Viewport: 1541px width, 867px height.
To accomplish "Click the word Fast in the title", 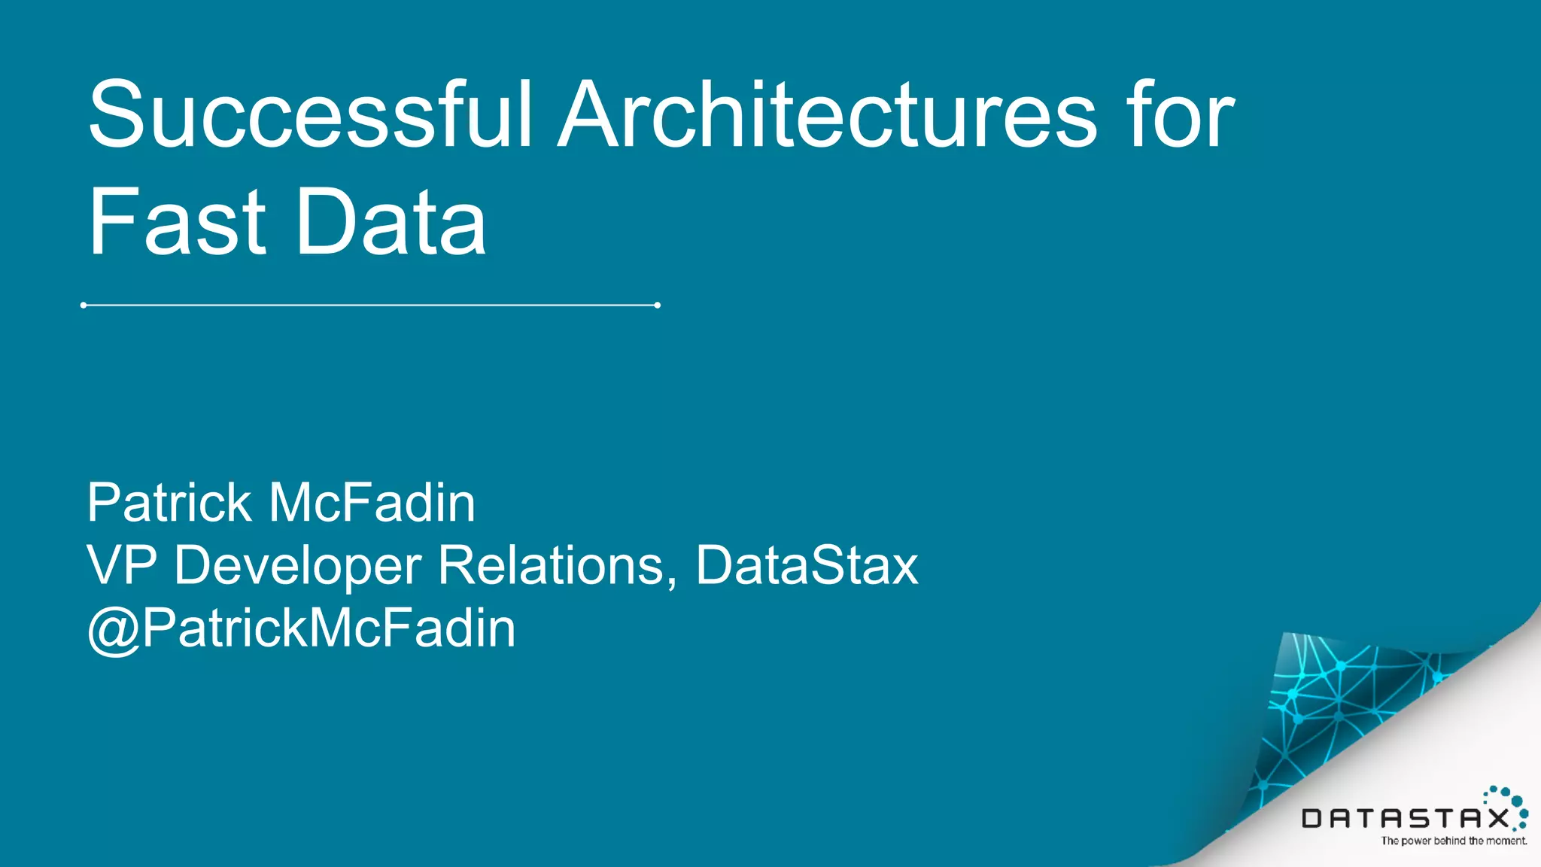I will (177, 222).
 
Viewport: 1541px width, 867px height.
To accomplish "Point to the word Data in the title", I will (391, 222).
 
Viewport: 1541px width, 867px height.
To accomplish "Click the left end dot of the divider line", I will (84, 305).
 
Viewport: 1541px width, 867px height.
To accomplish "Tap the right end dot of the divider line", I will (657, 305).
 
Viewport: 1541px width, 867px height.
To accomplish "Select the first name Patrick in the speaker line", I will (169, 503).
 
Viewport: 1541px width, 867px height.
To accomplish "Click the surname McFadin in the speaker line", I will (372, 503).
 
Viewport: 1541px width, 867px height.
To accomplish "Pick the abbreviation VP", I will (122, 565).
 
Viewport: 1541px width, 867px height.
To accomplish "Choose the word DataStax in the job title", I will (807, 565).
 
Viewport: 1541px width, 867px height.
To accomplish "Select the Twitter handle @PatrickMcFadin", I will (302, 628).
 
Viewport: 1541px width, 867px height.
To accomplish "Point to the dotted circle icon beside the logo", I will (1509, 805).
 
